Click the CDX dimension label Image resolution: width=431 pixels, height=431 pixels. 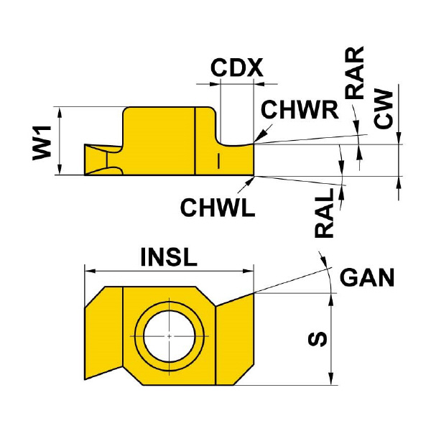pos(236,69)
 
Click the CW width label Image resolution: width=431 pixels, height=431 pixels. pos(385,109)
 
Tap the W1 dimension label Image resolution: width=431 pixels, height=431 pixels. pos(43,140)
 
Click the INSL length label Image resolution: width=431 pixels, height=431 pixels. pos(169,257)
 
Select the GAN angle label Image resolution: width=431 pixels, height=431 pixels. pos(366,277)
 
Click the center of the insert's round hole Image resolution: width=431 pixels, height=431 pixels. pos(169,336)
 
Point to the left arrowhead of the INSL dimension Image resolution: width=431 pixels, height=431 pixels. pos(89,272)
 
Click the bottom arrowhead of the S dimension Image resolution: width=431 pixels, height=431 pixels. pos(330,379)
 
